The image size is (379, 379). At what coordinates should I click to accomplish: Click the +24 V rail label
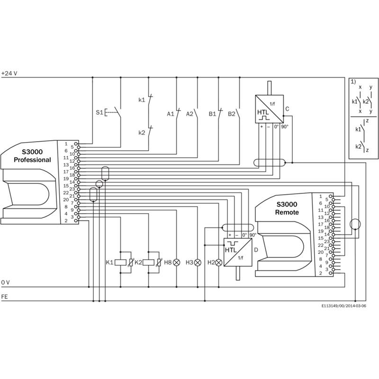(9, 73)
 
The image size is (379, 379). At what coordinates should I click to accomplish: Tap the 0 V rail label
(5, 282)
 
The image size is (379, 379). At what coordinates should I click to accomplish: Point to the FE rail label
(4, 297)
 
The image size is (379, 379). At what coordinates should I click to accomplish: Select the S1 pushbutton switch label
(99, 113)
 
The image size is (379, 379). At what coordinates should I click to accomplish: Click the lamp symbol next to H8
(177, 262)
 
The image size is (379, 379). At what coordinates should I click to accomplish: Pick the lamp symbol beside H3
(198, 262)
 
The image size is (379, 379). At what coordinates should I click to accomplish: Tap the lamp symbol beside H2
(218, 262)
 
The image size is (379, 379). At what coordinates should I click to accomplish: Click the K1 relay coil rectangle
(121, 262)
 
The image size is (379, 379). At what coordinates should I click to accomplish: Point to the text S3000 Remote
(287, 208)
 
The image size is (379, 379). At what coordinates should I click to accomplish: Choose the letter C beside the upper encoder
(287, 108)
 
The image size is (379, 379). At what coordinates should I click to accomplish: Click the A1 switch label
(171, 114)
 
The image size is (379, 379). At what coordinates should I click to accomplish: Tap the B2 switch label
(232, 114)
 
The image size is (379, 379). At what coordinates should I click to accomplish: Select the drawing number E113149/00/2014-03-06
(343, 306)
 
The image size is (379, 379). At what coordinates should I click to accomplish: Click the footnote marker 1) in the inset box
(353, 81)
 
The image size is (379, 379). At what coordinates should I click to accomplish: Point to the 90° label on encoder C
(284, 126)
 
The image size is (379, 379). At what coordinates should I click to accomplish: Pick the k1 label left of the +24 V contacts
(142, 100)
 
